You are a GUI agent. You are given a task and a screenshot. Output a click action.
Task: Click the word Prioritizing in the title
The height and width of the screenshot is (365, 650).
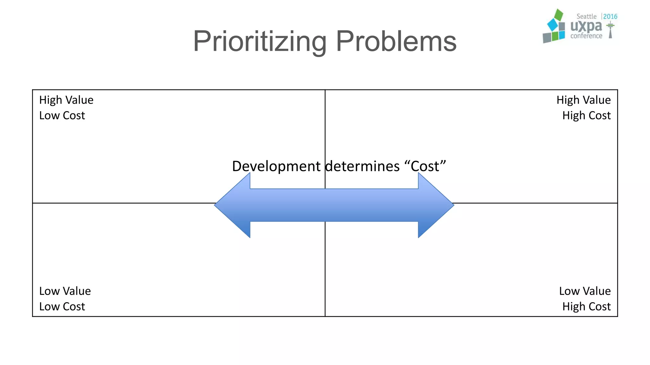pyautogui.click(x=260, y=42)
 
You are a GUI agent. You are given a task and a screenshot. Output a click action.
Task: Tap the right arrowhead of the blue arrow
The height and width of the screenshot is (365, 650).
pyautogui.click(x=435, y=205)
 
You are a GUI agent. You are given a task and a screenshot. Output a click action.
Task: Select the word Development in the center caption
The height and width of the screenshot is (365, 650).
pyautogui.click(x=276, y=166)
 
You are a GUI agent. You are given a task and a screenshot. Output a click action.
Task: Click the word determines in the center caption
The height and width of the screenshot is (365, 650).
pyautogui.click(x=362, y=166)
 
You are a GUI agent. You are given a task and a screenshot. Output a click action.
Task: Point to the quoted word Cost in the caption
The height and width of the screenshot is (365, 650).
pyautogui.click(x=425, y=166)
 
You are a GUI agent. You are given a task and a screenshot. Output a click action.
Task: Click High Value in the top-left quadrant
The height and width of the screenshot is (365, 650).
pyautogui.click(x=66, y=100)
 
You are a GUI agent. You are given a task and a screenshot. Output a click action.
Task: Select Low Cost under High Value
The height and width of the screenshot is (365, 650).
pyautogui.click(x=62, y=116)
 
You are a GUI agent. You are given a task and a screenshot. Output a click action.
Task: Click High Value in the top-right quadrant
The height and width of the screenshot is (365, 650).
pyautogui.click(x=583, y=100)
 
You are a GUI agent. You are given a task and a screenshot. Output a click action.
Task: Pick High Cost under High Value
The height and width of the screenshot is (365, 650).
pyautogui.click(x=586, y=116)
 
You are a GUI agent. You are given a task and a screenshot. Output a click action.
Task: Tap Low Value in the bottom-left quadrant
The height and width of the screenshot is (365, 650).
pyautogui.click(x=65, y=291)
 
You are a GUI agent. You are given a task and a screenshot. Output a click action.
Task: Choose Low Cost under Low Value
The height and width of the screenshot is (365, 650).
pyautogui.click(x=62, y=307)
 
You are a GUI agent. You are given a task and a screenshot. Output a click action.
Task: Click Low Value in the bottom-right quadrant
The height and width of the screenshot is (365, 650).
pyautogui.click(x=585, y=291)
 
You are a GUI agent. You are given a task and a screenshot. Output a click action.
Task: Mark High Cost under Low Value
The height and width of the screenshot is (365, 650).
pyautogui.click(x=586, y=307)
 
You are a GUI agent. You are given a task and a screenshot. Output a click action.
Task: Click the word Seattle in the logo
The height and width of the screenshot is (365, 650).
pyautogui.click(x=586, y=16)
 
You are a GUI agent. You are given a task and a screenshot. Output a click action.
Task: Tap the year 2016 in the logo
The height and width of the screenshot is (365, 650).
pyautogui.click(x=610, y=16)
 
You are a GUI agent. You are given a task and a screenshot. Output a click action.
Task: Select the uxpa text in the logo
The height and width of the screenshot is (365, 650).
pyautogui.click(x=586, y=26)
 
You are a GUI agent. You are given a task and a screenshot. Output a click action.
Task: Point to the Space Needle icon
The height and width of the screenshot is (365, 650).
pyautogui.click(x=610, y=29)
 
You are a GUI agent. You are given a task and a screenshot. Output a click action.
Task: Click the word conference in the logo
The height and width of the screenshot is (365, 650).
pyautogui.click(x=586, y=36)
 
